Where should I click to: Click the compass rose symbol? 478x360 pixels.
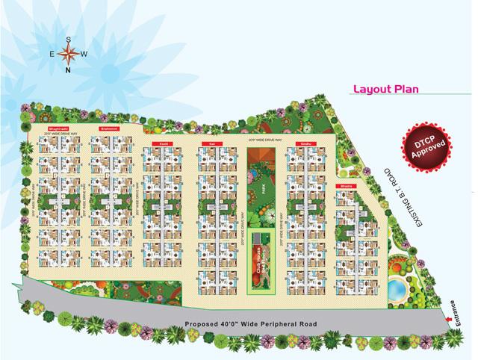(x=68, y=53)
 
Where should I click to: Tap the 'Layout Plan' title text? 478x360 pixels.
(x=385, y=90)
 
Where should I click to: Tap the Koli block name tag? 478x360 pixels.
(x=212, y=143)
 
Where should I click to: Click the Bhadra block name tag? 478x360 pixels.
(x=346, y=184)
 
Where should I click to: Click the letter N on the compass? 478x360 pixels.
(x=68, y=70)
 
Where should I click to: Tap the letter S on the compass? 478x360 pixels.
(x=68, y=38)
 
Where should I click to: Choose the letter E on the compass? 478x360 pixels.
(x=52, y=54)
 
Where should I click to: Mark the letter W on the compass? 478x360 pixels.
(x=84, y=54)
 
